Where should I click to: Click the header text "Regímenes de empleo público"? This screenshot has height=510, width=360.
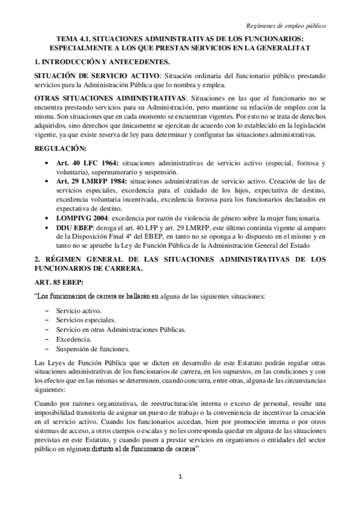pos(287,26)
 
